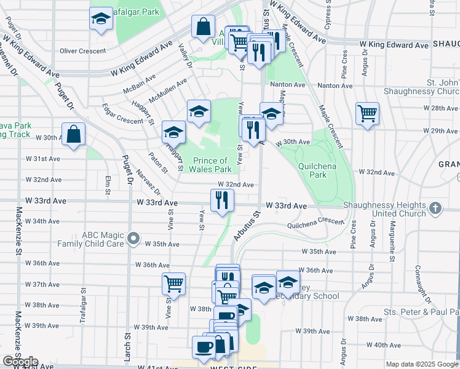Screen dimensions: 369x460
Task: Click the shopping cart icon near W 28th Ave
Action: [x=367, y=113]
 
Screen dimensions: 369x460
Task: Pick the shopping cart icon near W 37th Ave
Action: [x=174, y=284]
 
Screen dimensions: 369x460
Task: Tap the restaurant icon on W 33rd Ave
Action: [x=222, y=200]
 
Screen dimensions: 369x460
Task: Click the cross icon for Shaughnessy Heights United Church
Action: [x=436, y=208]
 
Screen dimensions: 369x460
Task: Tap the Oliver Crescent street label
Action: [x=80, y=51]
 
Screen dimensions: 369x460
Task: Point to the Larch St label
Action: [x=128, y=344]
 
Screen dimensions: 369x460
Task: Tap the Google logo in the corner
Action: [x=20, y=362]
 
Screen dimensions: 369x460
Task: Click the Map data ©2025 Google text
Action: [x=421, y=364]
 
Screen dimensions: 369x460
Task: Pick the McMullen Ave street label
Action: [x=166, y=92]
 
